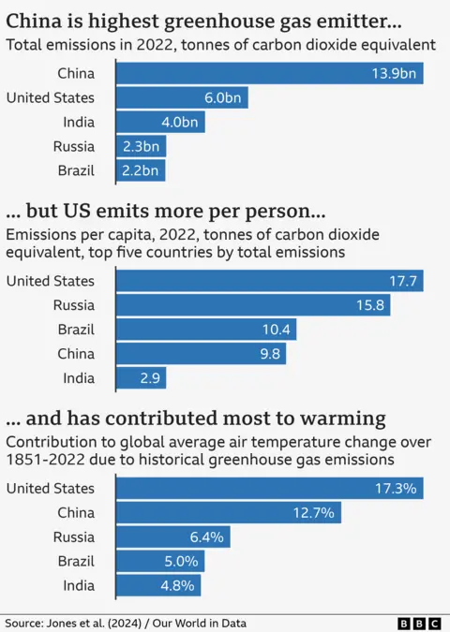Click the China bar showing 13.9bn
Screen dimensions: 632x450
270,74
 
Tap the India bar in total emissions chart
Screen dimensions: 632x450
160,123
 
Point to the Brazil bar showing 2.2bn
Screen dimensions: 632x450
141,170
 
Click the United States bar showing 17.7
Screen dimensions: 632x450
270,281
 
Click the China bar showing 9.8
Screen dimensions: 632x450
201,354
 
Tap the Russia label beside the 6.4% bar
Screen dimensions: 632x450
73,537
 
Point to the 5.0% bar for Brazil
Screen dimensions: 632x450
160,562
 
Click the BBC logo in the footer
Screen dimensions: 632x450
421,623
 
